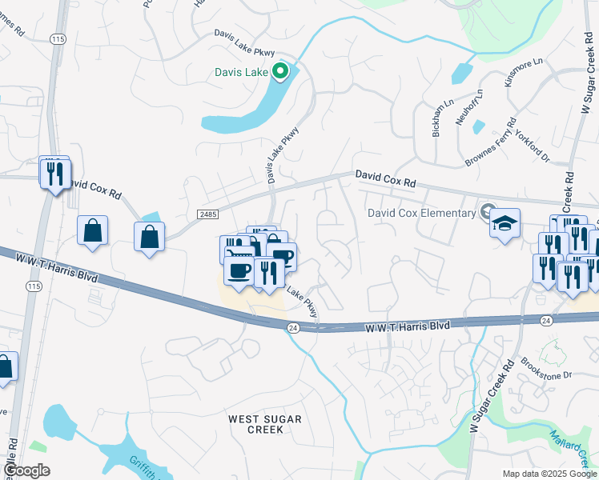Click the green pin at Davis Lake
(280, 72)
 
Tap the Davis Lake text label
(241, 72)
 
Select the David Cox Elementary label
(421, 213)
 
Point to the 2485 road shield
(207, 214)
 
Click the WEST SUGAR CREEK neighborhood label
(264, 424)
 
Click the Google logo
(26, 470)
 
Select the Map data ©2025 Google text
(549, 474)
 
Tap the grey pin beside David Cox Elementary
(486, 212)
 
